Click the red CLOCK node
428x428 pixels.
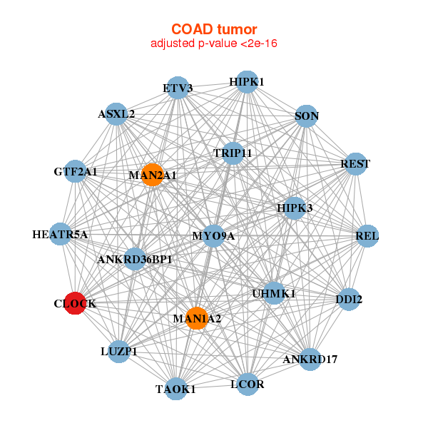pyautogui.click(x=75, y=303)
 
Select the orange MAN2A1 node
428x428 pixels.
pyautogui.click(x=152, y=174)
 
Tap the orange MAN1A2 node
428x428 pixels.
pyautogui.click(x=197, y=318)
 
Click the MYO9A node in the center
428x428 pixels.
pyautogui.click(x=214, y=235)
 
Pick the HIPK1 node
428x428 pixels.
pyautogui.click(x=246, y=82)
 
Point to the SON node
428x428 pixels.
pyautogui.click(x=306, y=116)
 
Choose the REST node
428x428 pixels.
pyautogui.click(x=355, y=164)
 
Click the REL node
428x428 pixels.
pyautogui.click(x=367, y=235)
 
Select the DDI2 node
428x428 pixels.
pyautogui.click(x=349, y=300)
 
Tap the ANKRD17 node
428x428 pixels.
pyautogui.click(x=310, y=359)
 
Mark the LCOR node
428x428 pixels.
pyautogui.click(x=248, y=384)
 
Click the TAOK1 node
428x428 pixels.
pyautogui.click(x=175, y=389)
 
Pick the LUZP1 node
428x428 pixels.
pyautogui.click(x=118, y=351)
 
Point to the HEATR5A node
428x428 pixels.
pyautogui.click(x=60, y=234)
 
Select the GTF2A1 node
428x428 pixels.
pyautogui.click(x=76, y=171)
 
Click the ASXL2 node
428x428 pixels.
pyautogui.click(x=116, y=113)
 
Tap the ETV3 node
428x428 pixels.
pyautogui.click(x=177, y=88)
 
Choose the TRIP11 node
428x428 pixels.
pyautogui.click(x=233, y=153)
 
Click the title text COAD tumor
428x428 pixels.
pyautogui.click(x=214, y=29)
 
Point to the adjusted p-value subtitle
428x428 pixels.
pyautogui.click(x=214, y=44)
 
